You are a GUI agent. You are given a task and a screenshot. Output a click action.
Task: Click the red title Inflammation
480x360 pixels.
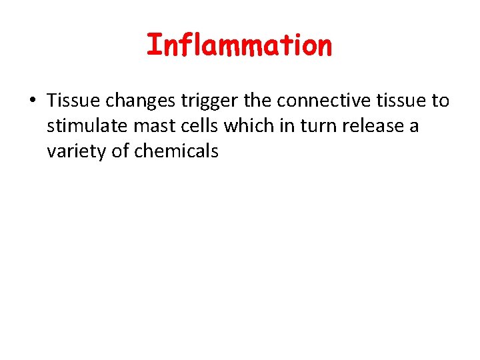pyautogui.click(x=239, y=46)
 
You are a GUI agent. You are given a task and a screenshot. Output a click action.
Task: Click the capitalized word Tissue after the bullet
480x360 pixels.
pyautogui.click(x=69, y=101)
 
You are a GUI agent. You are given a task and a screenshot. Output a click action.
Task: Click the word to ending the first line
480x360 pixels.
pyautogui.click(x=441, y=101)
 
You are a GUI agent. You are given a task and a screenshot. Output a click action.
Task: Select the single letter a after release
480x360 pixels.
pyautogui.click(x=414, y=127)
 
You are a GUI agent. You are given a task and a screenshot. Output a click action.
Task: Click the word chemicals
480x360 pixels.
pyautogui.click(x=177, y=151)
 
